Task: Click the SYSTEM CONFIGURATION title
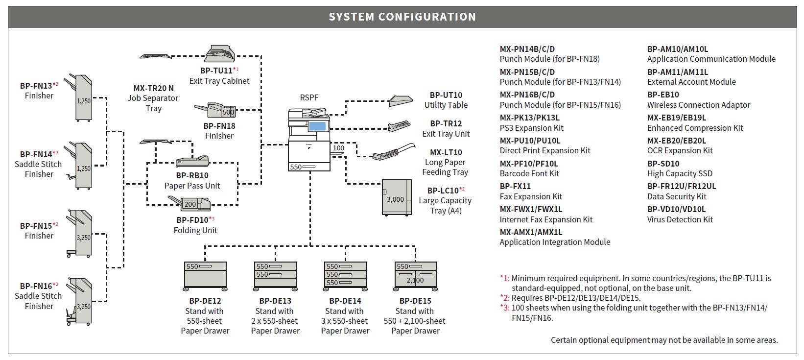click(x=402, y=17)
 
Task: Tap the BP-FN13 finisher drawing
click(x=79, y=97)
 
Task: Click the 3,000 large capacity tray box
click(x=397, y=197)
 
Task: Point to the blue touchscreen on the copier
click(x=317, y=126)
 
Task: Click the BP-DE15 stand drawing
click(x=415, y=276)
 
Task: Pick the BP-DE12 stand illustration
click(x=205, y=276)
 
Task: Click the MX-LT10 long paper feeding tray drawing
click(x=393, y=152)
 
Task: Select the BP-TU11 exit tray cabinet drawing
click(x=220, y=54)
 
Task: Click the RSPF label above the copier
click(x=309, y=97)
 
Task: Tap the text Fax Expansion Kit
click(x=531, y=196)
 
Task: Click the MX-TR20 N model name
click(x=154, y=88)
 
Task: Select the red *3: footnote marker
click(x=504, y=308)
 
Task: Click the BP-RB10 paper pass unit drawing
click(x=192, y=162)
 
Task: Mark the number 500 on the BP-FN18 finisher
click(x=228, y=112)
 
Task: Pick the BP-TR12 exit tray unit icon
click(x=399, y=126)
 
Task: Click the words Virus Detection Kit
click(x=680, y=219)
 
